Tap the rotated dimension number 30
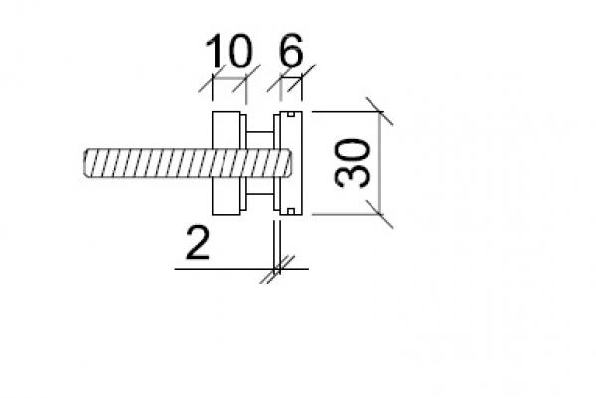coord(354,162)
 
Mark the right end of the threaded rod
coord(288,162)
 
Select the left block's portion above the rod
coord(227,130)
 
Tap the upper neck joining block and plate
coord(261,138)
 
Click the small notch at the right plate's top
coord(289,115)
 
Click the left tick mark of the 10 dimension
coord(211,84)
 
